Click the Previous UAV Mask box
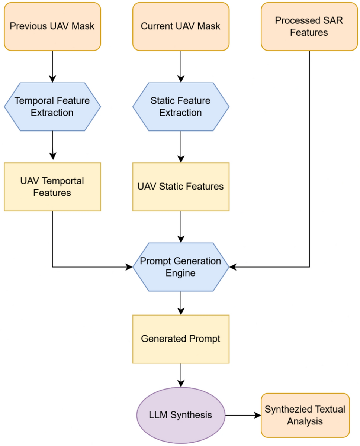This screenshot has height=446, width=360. click(52, 26)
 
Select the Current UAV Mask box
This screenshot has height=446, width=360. click(181, 26)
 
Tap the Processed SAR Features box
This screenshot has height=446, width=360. click(309, 26)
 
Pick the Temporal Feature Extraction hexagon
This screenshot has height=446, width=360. click(52, 107)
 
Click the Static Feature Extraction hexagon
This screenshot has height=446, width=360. click(181, 107)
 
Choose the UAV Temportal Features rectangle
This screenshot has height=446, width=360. click(52, 187)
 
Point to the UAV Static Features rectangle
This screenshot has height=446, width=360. click(181, 187)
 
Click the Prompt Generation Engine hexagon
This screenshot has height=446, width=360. click(181, 267)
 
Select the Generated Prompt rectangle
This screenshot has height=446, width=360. click(181, 339)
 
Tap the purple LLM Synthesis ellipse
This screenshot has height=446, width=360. click(181, 415)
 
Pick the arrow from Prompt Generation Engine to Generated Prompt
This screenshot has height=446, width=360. click(181, 303)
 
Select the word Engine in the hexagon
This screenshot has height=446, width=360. click(181, 273)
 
